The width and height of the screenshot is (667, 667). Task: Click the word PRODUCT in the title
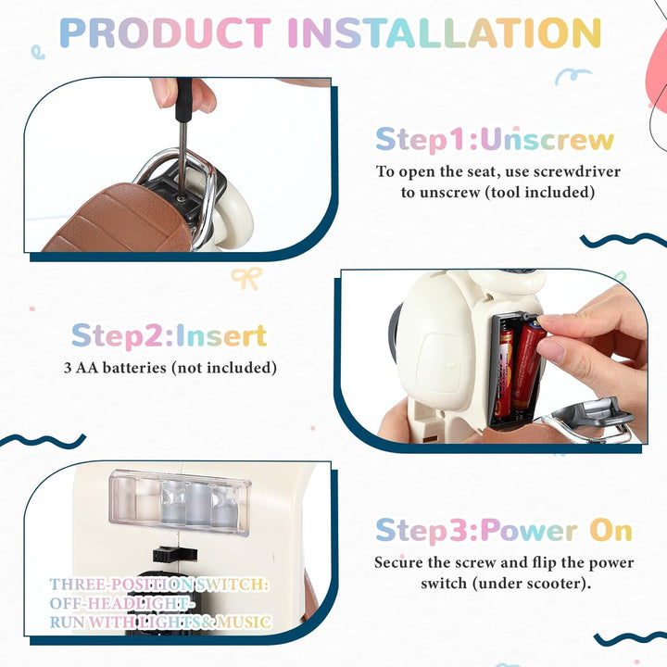165,32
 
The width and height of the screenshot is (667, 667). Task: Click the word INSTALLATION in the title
445,32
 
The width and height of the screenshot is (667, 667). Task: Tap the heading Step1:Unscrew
495,140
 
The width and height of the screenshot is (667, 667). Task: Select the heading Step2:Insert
170,335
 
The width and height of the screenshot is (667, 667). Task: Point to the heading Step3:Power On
504,531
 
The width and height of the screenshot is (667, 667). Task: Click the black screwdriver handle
183,100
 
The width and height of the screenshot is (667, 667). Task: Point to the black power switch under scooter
175,554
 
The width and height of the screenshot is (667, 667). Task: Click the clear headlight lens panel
180,502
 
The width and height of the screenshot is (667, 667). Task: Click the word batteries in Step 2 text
134,368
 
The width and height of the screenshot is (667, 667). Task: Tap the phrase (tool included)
540,193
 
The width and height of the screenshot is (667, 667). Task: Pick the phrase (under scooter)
532,583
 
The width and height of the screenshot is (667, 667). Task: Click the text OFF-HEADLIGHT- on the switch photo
120,603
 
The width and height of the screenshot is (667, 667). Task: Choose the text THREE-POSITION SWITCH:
159,585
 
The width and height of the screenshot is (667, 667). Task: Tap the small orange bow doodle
246,278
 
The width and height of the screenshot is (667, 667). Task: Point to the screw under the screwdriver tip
182,197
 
